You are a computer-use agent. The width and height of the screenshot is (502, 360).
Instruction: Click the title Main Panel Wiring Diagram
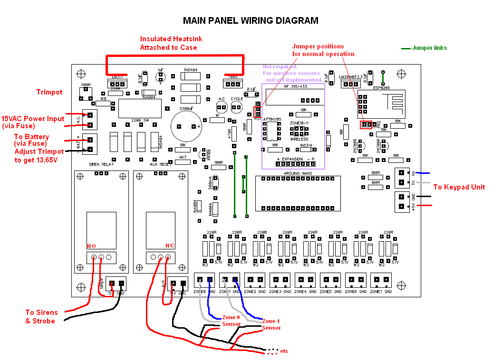point(251,21)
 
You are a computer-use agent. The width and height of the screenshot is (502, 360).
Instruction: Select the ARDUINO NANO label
point(298,173)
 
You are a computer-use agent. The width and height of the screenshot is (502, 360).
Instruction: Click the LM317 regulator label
point(116,77)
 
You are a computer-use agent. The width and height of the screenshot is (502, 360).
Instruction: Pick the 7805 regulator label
point(233,77)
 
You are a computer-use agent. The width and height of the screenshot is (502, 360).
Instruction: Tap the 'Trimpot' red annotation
point(49,92)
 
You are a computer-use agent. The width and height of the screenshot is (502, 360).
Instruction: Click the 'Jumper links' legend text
point(429,48)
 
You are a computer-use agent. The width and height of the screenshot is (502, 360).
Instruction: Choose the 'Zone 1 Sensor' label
point(272,324)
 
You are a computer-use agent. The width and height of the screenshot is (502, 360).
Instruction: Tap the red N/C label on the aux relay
point(170,246)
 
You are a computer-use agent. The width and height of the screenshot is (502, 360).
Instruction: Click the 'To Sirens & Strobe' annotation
point(42,316)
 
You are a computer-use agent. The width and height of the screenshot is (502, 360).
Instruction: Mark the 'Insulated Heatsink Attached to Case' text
point(168,43)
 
